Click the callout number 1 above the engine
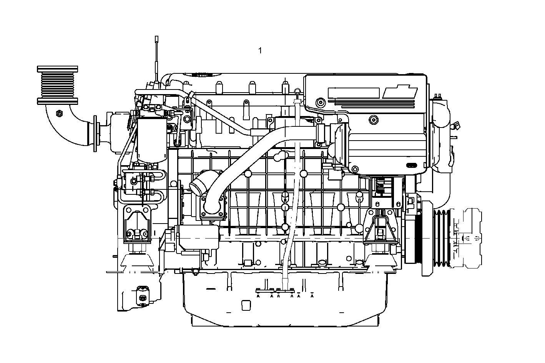tap(260, 50)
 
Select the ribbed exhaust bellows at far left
tap(58, 85)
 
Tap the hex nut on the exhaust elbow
tap(59, 113)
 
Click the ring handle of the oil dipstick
tap(297, 91)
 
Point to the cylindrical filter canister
tap(152, 139)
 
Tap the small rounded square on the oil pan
tap(246, 305)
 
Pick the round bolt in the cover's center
tap(372, 120)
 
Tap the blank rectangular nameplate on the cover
tap(354, 93)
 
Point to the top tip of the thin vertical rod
tap(157, 38)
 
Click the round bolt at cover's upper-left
tap(319, 102)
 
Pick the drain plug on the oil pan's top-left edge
tap(195, 273)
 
